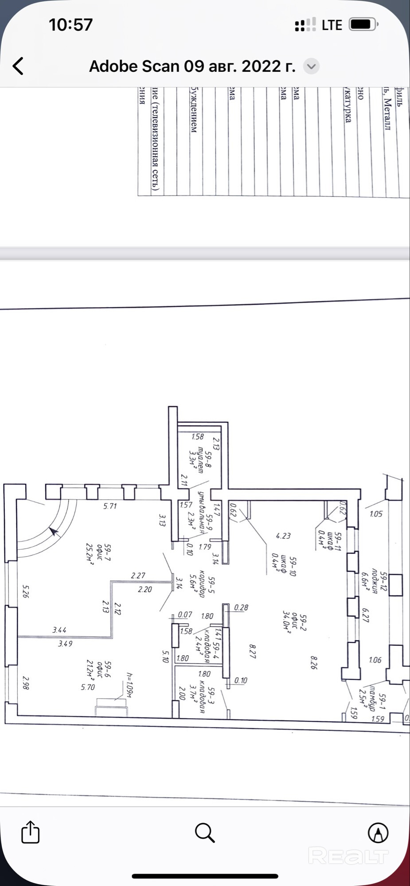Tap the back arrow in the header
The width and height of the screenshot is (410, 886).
pyautogui.click(x=18, y=66)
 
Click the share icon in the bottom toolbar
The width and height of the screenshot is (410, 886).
pyautogui.click(x=30, y=832)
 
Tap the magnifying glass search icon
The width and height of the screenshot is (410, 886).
pyautogui.click(x=205, y=832)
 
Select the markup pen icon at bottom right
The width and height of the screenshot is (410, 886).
pyautogui.click(x=378, y=832)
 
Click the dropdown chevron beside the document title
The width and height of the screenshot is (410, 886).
pyautogui.click(x=312, y=66)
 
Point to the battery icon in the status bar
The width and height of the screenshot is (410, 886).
pyautogui.click(x=363, y=24)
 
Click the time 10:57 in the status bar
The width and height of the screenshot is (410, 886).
pyautogui.click(x=70, y=25)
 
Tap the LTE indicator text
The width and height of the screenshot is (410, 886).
pyautogui.click(x=332, y=25)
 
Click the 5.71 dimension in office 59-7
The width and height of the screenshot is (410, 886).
pyautogui.click(x=109, y=506)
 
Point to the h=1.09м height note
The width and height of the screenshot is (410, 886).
pyautogui.click(x=129, y=684)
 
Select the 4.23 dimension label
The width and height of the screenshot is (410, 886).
pyautogui.click(x=283, y=536)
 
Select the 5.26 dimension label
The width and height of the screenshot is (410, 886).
pyautogui.click(x=25, y=591)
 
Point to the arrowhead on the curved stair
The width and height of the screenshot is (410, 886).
pyautogui.click(x=54, y=531)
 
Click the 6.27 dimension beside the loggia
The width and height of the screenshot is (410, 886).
pyautogui.click(x=365, y=615)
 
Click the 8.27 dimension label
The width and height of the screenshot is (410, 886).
pyautogui.click(x=253, y=652)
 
